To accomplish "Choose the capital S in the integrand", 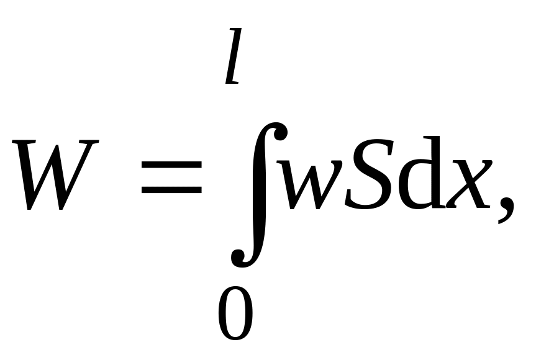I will coord(366,174).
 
